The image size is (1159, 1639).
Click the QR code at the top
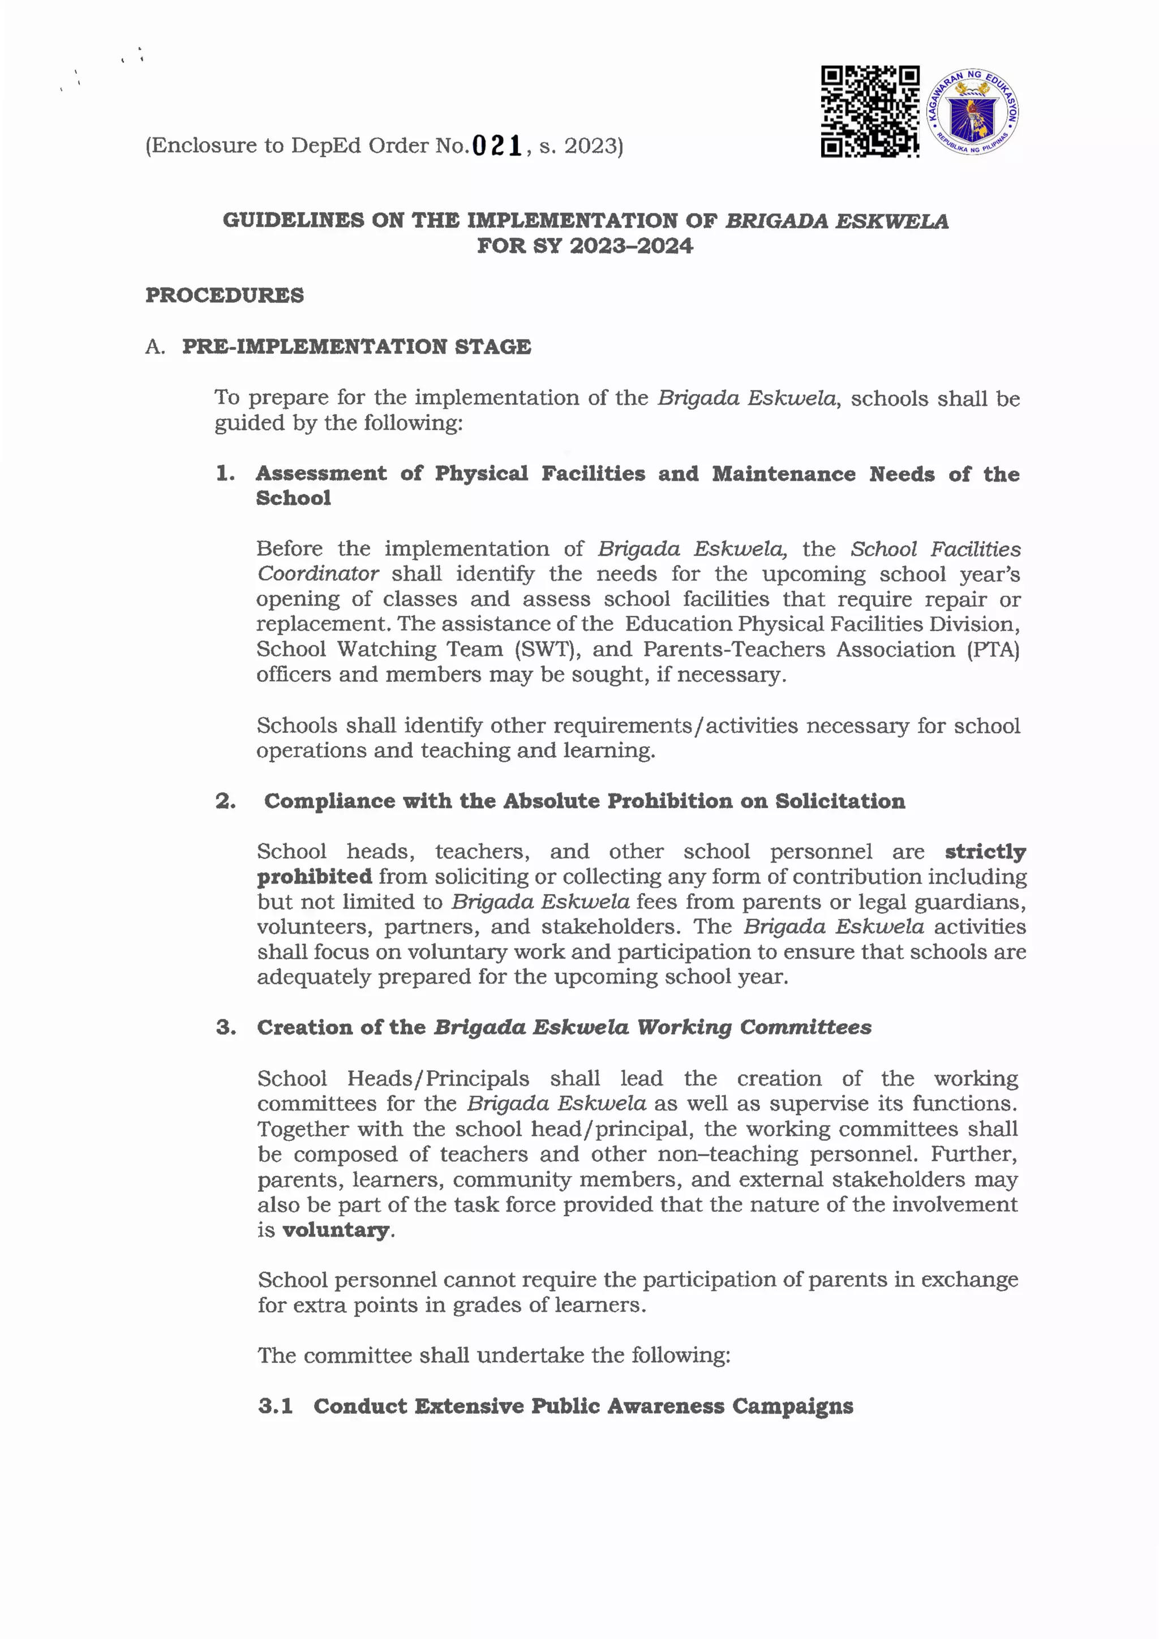click(x=869, y=111)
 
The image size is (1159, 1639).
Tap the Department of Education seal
click(x=972, y=113)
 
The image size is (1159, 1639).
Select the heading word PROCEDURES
click(x=225, y=295)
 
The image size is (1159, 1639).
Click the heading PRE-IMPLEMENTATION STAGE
click(x=356, y=347)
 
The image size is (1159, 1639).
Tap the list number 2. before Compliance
click(x=226, y=801)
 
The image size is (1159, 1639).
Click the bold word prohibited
click(x=315, y=877)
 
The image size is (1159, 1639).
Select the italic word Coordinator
click(x=317, y=574)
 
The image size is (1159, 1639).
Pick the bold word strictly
click(x=985, y=852)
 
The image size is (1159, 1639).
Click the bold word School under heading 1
click(x=293, y=498)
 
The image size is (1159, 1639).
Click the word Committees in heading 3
click(x=805, y=1027)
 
